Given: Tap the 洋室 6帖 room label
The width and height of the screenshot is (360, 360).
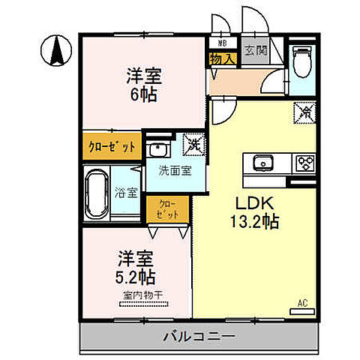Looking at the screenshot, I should pos(145,84).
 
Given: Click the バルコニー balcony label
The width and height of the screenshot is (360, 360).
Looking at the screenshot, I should pos(199,337).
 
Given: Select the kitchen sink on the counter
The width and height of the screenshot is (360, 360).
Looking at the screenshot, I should pos(263,163).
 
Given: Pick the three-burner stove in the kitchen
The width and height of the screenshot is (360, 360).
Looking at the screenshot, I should pos(305,163).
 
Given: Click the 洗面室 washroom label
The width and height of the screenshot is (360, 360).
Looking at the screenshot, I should pos(174,170).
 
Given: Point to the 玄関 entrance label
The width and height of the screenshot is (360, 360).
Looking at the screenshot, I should pos(254,51).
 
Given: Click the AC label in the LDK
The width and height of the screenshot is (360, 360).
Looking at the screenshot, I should pos(302,303).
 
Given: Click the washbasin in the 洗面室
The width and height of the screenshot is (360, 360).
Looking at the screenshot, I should pos(158,148).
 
